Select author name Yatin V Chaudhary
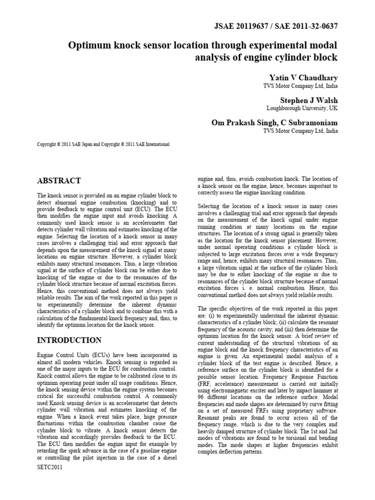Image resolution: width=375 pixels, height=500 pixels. (x=303, y=78)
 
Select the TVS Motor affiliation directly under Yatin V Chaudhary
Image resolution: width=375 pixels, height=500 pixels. (x=300, y=86)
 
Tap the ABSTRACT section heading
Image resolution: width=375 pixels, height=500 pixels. (x=59, y=181)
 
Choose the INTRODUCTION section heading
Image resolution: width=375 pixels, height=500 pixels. (x=69, y=340)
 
